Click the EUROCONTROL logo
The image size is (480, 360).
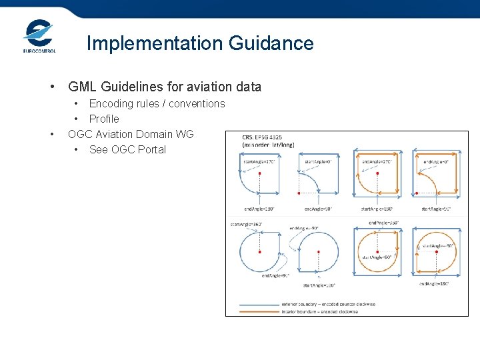click(39, 37)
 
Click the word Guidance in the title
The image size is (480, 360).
click(271, 43)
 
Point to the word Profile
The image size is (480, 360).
click(104, 119)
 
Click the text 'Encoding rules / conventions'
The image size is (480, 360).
click(157, 103)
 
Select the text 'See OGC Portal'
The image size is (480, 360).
click(127, 149)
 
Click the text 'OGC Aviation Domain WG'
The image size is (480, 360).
click(131, 134)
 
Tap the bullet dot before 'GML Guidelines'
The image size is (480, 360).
click(52, 87)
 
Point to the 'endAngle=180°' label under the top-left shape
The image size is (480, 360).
click(259, 209)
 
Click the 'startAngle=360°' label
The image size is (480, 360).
click(245, 225)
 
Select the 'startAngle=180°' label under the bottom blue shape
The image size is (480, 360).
click(319, 285)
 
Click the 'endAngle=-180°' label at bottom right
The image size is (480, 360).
click(434, 283)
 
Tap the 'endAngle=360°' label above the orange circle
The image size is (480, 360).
click(383, 223)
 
